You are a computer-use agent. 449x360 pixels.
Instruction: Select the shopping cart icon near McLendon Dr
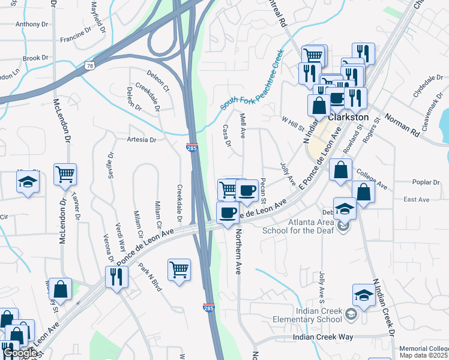point(65,175)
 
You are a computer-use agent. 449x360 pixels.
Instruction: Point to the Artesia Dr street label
point(141,139)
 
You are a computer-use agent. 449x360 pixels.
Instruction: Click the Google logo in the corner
point(19,353)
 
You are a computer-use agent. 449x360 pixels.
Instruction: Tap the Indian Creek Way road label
point(323,337)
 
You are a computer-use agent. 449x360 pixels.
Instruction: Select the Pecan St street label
point(263,190)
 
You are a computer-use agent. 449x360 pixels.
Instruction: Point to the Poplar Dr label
point(427,182)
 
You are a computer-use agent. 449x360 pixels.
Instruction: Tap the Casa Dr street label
point(227,136)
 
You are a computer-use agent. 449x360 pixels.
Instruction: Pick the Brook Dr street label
point(35,58)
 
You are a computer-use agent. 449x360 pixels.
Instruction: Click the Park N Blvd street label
point(150,277)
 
